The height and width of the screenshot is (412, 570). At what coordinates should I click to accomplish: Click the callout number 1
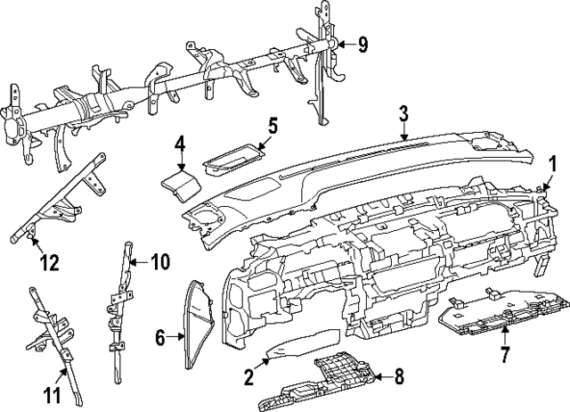click(x=551, y=163)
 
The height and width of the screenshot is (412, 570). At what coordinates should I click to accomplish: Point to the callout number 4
click(x=179, y=143)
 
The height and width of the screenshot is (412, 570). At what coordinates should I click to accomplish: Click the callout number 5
click(x=273, y=126)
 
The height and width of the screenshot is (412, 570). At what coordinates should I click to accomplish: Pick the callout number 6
click(x=160, y=338)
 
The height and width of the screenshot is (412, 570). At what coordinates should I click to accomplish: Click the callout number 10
click(x=159, y=261)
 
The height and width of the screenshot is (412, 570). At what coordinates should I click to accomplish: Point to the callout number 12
click(x=49, y=263)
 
